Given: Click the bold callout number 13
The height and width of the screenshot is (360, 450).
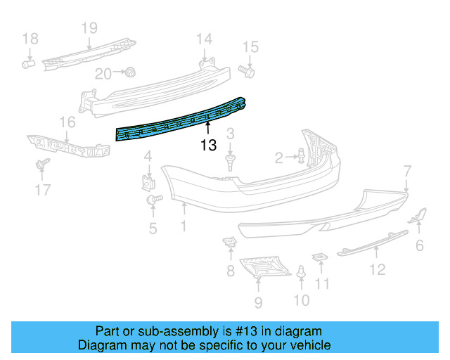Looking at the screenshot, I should point(208,146).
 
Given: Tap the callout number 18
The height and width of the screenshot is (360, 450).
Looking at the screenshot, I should point(29,39).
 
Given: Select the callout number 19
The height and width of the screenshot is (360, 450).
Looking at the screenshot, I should point(89,28).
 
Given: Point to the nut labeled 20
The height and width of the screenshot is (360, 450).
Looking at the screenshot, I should point(130,72).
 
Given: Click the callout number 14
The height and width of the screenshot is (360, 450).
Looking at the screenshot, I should point(203,38).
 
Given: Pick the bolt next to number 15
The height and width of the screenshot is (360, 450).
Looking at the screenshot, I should point(246,70).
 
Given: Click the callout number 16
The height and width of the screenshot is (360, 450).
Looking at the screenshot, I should point(67,124).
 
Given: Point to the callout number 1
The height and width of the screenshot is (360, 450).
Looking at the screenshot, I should point(184,226).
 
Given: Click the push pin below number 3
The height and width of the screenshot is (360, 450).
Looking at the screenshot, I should point(231,162).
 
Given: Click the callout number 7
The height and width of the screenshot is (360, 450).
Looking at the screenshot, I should point(406,169).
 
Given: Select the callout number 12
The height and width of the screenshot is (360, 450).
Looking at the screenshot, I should point(378,269).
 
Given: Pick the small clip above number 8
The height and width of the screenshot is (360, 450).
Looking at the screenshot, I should point(230,243).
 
